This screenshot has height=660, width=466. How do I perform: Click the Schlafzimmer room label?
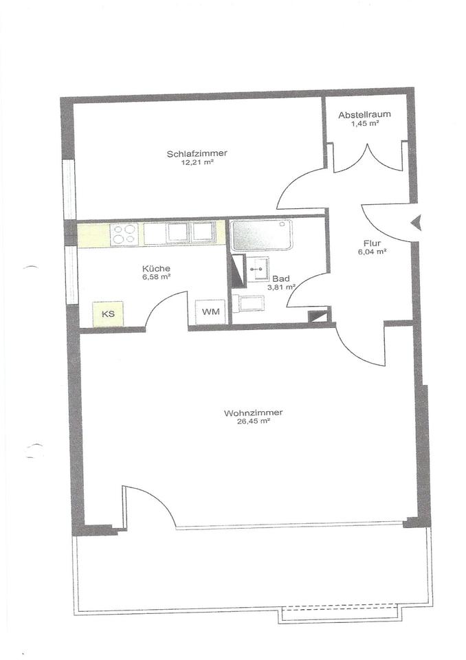tap(197, 153)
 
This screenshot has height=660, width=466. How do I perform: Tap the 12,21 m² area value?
tap(197, 163)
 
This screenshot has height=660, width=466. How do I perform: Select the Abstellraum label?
tap(364, 114)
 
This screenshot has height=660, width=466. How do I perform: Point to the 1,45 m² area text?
tap(364, 124)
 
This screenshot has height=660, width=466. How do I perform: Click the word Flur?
tap(373, 243)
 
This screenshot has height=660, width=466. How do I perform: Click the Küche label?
tap(156, 268)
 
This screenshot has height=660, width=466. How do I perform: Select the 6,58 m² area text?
tap(157, 277)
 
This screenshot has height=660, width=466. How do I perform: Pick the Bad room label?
tap(281, 278)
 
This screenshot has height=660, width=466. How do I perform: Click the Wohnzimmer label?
tap(254, 412)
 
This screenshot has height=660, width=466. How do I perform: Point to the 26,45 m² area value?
tap(254, 421)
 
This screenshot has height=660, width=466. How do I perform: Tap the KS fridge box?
tap(108, 314)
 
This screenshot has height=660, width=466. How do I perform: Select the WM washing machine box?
tap(211, 312)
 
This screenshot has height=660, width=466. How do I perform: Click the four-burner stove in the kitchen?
tap(124, 234)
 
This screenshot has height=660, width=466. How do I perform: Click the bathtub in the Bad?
tap(261, 234)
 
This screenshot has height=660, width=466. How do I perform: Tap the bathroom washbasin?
tap(258, 269)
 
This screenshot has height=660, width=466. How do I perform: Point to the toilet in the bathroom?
tap(248, 303)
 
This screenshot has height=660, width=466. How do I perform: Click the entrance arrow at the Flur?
tap(417, 222)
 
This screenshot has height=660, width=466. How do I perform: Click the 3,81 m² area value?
tap(281, 287)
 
